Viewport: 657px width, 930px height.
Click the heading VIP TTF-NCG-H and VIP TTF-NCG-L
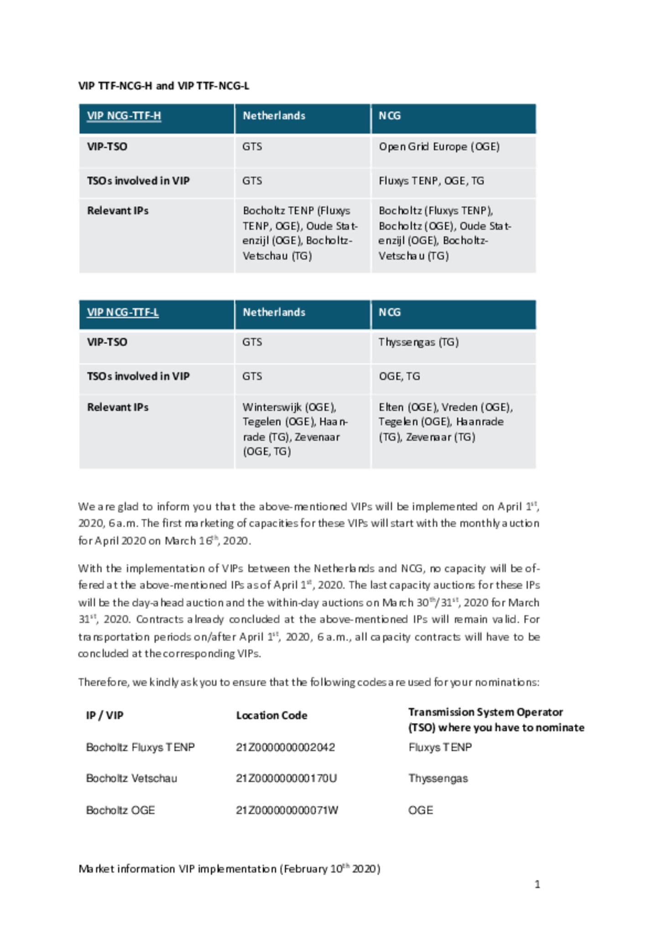pyautogui.click(x=163, y=86)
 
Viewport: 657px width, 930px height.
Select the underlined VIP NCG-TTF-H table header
pyautogui.click(x=124, y=116)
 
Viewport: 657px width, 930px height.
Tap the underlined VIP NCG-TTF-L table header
pyautogui.click(x=123, y=313)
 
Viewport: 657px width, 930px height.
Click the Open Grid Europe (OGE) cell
pyautogui.click(x=439, y=147)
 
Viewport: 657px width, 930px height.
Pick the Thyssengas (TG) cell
pyautogui.click(x=418, y=342)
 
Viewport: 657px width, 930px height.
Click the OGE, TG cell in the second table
pyautogui.click(x=399, y=376)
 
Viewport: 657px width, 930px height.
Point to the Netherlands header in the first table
pyautogui.click(x=274, y=116)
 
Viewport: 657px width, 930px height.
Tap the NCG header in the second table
pyautogui.click(x=389, y=313)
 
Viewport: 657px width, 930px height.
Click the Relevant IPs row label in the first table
pyautogui.click(x=118, y=211)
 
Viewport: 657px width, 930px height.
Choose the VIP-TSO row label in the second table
pyautogui.click(x=107, y=342)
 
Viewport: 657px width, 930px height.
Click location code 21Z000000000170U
pyautogui.click(x=286, y=778)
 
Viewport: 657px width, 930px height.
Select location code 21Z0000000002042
pyautogui.click(x=285, y=747)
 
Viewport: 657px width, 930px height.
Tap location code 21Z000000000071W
pyautogui.click(x=287, y=810)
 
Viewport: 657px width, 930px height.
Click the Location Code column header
pyautogui.click(x=271, y=716)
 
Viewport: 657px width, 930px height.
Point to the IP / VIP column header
pyautogui.click(x=104, y=716)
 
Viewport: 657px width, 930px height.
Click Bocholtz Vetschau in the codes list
pyautogui.click(x=131, y=778)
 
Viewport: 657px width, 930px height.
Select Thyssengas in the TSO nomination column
pyautogui.click(x=438, y=778)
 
